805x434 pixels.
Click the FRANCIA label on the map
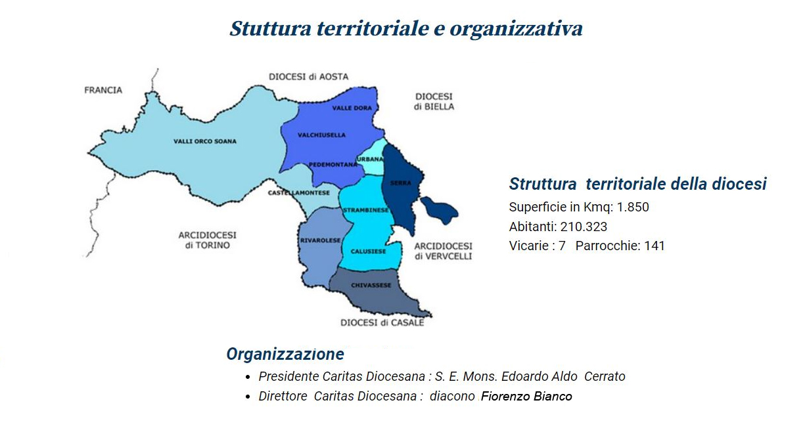103,90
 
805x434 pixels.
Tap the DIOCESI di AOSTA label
309,77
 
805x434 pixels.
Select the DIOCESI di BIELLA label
434,102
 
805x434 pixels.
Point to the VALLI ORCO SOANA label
205,141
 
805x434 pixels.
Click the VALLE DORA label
352,108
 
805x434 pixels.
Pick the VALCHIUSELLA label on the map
321,135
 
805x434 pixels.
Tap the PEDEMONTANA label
333,164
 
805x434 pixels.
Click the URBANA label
370,159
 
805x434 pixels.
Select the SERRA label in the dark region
401,183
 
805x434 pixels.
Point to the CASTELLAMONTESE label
298,193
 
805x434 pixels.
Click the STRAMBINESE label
366,210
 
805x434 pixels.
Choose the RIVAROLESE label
320,240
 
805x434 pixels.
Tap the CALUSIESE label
369,251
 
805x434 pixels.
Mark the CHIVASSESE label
371,286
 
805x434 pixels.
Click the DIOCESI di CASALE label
382,323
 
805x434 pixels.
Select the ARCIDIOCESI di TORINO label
208,240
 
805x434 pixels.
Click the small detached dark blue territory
439,209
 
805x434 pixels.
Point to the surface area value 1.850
633,207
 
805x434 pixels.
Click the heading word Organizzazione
285,354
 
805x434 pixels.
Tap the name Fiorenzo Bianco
526,397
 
